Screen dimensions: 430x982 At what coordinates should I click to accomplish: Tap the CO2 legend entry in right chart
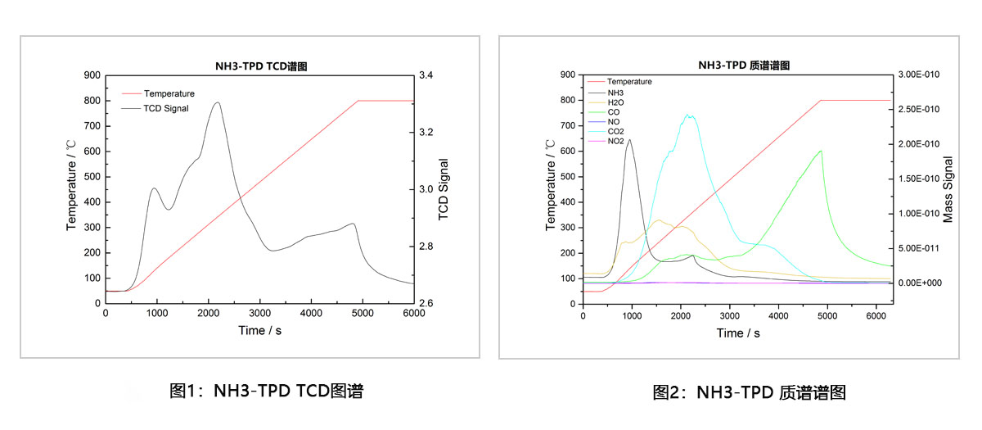[x=616, y=131]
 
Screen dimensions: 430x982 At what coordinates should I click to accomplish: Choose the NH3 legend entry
[x=616, y=93]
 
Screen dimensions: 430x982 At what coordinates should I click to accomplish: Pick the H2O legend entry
[x=616, y=102]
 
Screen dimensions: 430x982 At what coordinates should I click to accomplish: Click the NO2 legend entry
[x=616, y=141]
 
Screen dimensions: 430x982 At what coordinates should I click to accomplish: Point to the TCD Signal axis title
[x=444, y=189]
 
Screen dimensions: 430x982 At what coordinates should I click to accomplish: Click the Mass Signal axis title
[x=949, y=189]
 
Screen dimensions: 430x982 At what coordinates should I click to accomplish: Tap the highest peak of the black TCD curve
[x=217, y=102]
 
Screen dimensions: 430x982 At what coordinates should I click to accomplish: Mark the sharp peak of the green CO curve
[x=820, y=150]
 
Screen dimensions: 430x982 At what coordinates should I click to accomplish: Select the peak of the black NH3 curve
[x=630, y=139]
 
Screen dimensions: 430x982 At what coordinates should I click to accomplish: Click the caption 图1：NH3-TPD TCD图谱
[x=266, y=392]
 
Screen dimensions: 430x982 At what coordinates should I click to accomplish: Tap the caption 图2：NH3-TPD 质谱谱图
[x=749, y=393]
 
